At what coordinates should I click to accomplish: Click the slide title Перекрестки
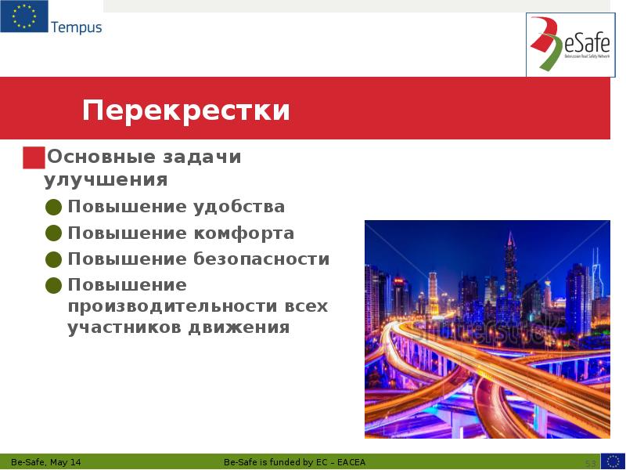click(x=186, y=110)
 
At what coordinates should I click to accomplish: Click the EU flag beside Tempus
click(x=23, y=16)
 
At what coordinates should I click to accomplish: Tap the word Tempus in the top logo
click(x=76, y=27)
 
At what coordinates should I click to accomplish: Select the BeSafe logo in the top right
click(x=570, y=45)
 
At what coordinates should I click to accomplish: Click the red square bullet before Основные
click(x=33, y=157)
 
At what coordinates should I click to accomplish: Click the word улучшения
click(x=106, y=180)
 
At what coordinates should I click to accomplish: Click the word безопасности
click(x=261, y=259)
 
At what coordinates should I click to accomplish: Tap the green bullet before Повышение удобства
click(x=53, y=208)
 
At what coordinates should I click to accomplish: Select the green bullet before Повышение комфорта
click(x=53, y=233)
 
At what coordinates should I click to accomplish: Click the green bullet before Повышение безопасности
click(x=53, y=259)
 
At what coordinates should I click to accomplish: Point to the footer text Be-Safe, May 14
click(x=46, y=462)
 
